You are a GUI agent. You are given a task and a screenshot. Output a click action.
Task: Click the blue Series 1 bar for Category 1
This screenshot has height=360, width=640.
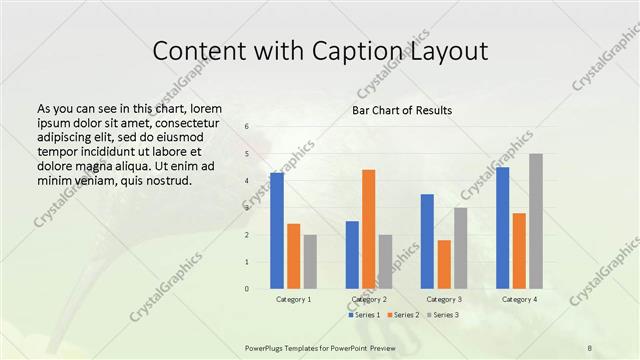(276, 231)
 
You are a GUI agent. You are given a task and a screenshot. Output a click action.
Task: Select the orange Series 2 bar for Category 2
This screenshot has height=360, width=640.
(369, 229)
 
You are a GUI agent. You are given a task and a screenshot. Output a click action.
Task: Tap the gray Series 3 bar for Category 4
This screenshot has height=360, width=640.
(536, 221)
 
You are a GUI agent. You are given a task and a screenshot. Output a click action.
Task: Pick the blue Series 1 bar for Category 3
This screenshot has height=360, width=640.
(427, 241)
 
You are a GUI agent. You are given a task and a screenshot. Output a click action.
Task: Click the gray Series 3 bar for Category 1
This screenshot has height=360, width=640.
(310, 262)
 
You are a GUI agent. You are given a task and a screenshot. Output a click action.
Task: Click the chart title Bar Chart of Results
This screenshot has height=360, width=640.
(401, 110)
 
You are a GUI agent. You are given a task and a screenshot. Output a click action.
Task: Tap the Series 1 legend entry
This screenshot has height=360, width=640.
(364, 315)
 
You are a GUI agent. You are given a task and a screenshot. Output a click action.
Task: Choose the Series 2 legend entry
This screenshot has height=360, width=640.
(402, 315)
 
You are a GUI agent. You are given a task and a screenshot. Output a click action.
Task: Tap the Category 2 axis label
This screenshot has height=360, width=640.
(369, 299)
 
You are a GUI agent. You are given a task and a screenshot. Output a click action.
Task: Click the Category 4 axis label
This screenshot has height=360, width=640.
(519, 299)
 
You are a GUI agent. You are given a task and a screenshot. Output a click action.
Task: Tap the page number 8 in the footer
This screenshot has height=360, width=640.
(589, 347)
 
